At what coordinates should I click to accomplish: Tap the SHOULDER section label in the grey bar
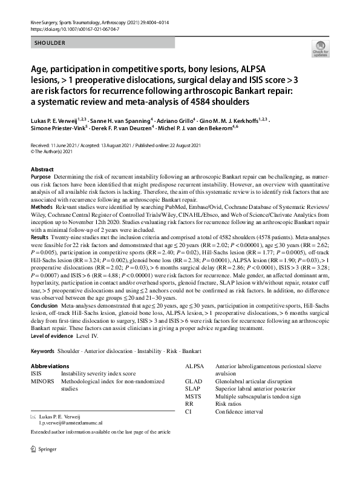[49, 44]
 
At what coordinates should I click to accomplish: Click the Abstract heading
[42, 170]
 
